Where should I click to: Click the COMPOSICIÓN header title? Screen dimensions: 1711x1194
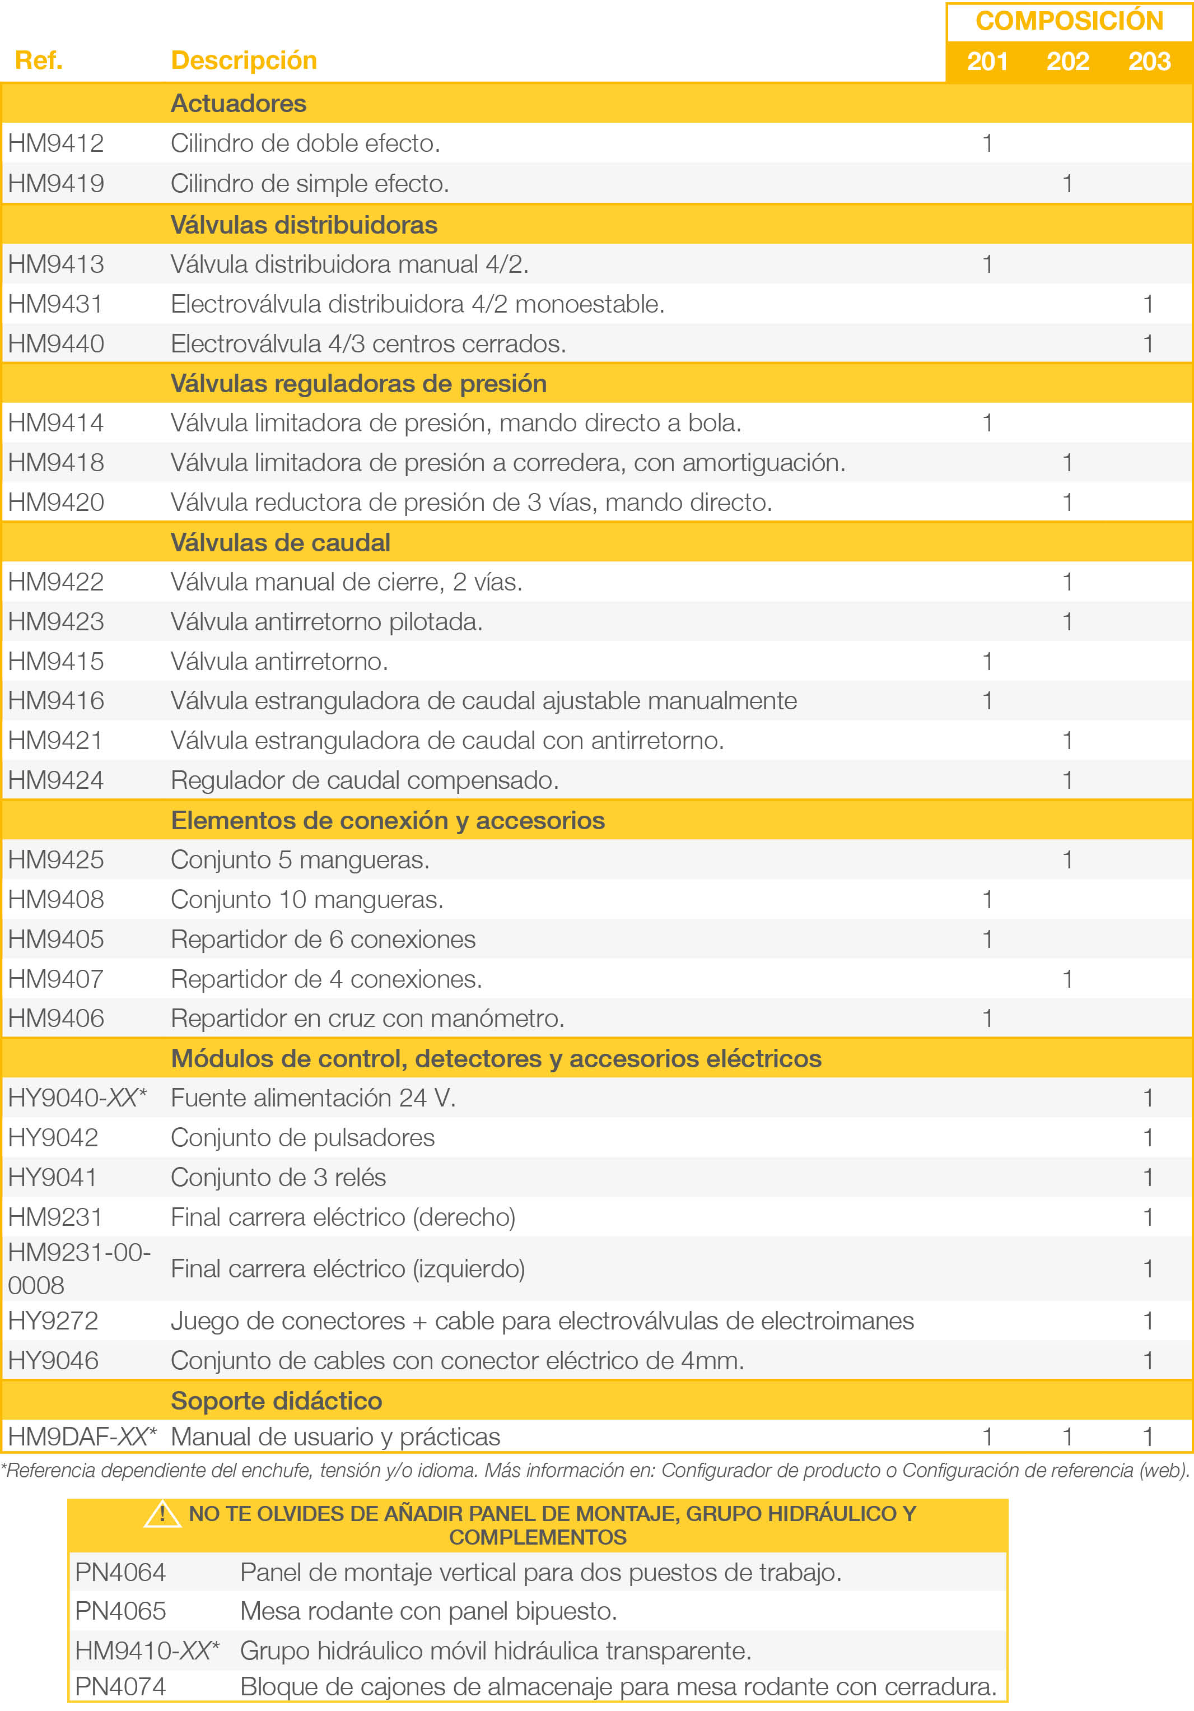[1069, 21]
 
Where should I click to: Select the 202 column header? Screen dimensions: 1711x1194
[1067, 61]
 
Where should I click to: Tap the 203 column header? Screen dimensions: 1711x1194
[1149, 61]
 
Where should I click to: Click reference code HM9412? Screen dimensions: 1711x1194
[56, 143]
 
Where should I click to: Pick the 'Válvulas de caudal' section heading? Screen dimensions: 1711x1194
[280, 542]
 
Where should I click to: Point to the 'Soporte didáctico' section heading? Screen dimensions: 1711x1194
[276, 1401]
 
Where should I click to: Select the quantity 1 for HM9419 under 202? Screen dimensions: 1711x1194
[1067, 183]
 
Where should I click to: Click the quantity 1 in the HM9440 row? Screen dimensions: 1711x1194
[1148, 343]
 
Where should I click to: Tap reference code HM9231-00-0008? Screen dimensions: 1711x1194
[79, 1269]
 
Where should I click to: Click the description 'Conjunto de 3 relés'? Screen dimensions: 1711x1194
[278, 1178]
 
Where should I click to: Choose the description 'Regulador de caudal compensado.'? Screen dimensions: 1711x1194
[364, 780]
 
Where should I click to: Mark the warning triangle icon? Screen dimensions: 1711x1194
[162, 1514]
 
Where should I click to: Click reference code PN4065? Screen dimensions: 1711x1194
[120, 1611]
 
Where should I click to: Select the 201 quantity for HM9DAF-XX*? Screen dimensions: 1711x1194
[987, 1438]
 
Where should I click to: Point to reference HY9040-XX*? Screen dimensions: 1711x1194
[77, 1098]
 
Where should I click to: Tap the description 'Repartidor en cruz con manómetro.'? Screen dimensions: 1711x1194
[367, 1019]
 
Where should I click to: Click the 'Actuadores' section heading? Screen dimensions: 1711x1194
[239, 104]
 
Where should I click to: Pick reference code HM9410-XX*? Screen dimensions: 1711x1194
[147, 1650]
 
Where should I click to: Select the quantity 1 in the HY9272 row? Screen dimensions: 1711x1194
[1148, 1321]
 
